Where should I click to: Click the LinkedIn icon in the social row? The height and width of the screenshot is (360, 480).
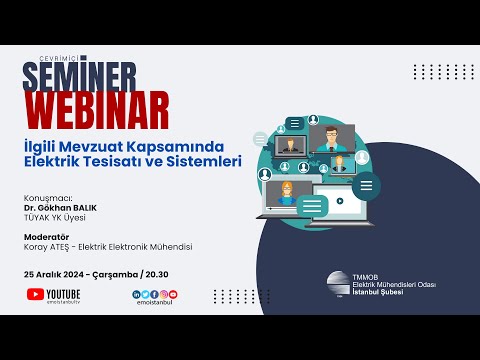[x=136, y=294]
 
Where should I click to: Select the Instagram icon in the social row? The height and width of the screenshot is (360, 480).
[x=164, y=294]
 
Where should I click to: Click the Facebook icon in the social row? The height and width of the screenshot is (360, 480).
[x=155, y=294]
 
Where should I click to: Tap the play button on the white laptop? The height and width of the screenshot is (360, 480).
[x=341, y=200]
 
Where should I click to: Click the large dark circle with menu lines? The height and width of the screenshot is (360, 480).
[x=366, y=185]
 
